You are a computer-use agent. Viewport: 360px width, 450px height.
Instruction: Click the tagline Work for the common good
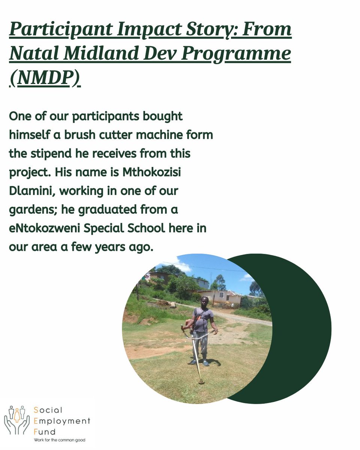59,439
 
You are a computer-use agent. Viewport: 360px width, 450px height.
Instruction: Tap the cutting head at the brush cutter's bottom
201,381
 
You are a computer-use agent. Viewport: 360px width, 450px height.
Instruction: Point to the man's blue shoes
199,363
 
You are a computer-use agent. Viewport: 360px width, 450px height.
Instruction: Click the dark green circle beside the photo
300,330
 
